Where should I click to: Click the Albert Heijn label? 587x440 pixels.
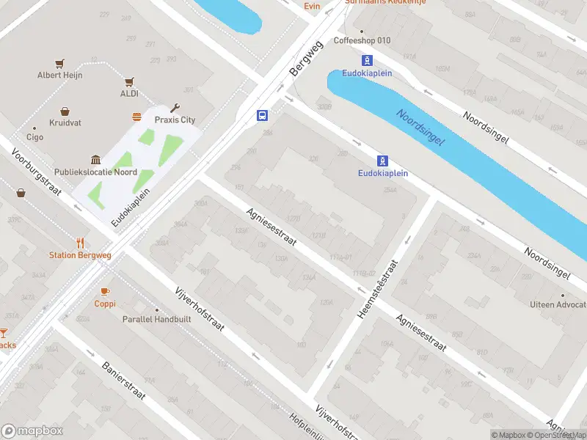pyautogui.click(x=60, y=75)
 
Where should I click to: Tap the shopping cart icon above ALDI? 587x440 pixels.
pyautogui.click(x=129, y=82)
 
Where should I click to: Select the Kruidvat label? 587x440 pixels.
pyautogui.click(x=65, y=122)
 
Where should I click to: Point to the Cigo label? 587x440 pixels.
pyautogui.click(x=34, y=136)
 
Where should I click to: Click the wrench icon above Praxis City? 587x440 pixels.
pyautogui.click(x=175, y=108)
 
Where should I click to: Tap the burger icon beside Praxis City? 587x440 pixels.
pyautogui.click(x=136, y=117)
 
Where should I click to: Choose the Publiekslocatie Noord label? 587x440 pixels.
pyautogui.click(x=95, y=172)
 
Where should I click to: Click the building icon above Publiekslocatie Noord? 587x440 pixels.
pyautogui.click(x=95, y=160)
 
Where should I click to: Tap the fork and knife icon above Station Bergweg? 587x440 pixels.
pyautogui.click(x=81, y=243)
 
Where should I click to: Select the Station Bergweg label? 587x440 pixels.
pyautogui.click(x=81, y=255)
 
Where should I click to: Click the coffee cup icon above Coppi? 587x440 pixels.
pyautogui.click(x=105, y=291)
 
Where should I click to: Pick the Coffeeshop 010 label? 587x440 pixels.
pyautogui.click(x=362, y=40)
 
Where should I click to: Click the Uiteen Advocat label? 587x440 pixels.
pyautogui.click(x=558, y=304)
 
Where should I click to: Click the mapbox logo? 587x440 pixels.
pyautogui.click(x=31, y=430)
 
